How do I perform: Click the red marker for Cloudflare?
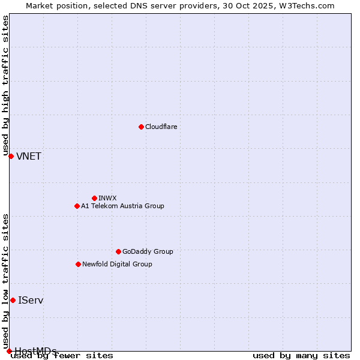(141, 127)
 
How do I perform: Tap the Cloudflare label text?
(161, 127)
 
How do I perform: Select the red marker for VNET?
(11, 156)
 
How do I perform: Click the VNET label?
(29, 157)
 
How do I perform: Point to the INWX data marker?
(94, 198)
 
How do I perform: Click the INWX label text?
(107, 198)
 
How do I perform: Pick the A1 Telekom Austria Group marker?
(77, 206)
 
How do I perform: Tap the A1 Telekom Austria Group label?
(122, 206)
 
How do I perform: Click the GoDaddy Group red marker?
(118, 251)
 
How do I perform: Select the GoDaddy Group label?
(148, 251)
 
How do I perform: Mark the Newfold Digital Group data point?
(78, 264)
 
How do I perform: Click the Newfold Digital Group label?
(117, 264)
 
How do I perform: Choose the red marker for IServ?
(13, 300)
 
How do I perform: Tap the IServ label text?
(31, 300)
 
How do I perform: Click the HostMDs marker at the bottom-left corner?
(9, 351)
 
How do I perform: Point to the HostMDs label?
(35, 351)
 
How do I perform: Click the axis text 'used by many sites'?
(301, 355)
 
